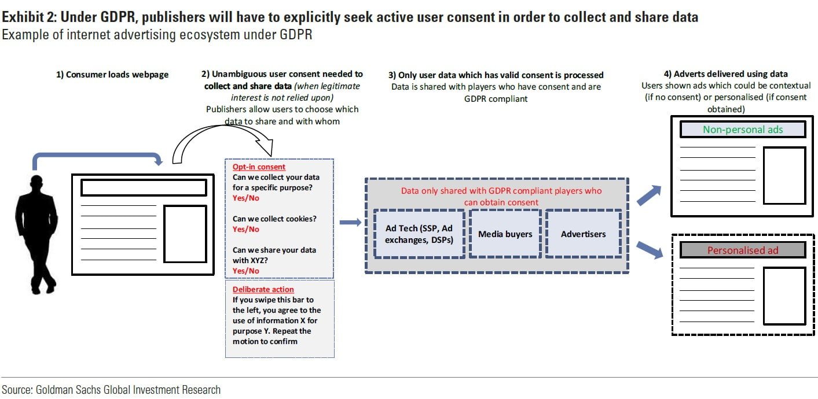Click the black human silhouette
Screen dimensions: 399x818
(x=36, y=231)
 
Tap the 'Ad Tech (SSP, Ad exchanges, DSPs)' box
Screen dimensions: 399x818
(x=419, y=234)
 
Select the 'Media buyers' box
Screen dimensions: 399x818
(x=505, y=234)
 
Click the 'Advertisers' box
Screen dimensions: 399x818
(x=583, y=234)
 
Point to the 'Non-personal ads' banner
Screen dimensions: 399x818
(x=743, y=130)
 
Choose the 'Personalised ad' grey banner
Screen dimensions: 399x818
(x=743, y=250)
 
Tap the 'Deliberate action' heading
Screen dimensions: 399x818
(x=263, y=289)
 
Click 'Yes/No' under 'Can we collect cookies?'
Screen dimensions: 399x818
(x=246, y=229)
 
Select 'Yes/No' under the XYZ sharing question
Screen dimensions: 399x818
(x=246, y=271)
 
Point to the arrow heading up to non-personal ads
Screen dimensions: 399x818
(x=650, y=195)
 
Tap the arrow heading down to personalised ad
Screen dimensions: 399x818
(x=650, y=249)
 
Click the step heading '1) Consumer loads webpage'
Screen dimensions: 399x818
(x=112, y=75)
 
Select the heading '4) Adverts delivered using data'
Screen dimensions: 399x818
(x=725, y=73)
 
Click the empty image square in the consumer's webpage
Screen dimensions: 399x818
(x=185, y=234)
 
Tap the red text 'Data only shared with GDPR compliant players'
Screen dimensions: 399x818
(x=501, y=191)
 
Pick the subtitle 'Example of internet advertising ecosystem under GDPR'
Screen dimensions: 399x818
(x=157, y=35)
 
